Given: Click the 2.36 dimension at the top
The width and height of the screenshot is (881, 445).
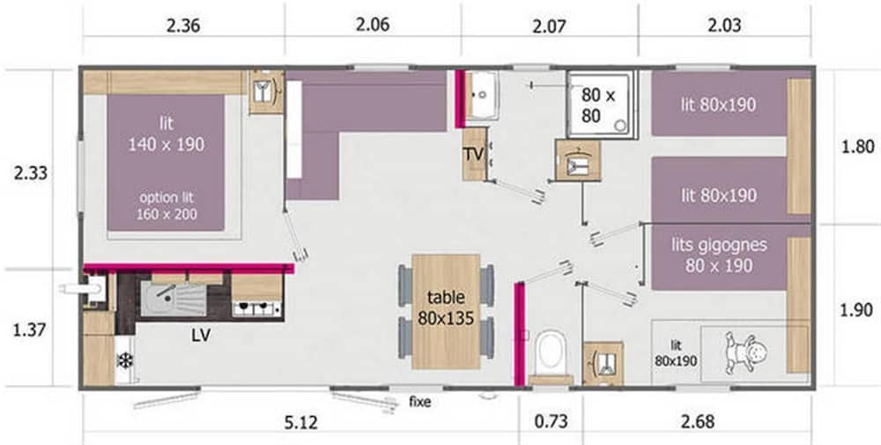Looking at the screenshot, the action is pyautogui.click(x=183, y=26).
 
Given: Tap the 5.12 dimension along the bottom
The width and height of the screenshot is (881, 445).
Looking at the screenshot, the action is pyautogui.click(x=301, y=421).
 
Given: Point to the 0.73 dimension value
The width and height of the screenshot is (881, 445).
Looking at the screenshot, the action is pyautogui.click(x=552, y=421).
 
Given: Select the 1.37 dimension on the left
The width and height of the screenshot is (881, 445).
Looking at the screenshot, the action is pyautogui.click(x=29, y=330).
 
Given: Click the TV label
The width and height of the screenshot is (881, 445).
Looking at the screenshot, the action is pyautogui.click(x=474, y=154).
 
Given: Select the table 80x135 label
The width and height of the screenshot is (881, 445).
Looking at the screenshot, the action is pyautogui.click(x=446, y=308).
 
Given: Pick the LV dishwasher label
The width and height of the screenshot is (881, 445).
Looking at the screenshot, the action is pyautogui.click(x=201, y=336).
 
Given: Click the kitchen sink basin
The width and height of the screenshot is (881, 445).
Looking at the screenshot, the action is pyautogui.click(x=158, y=298).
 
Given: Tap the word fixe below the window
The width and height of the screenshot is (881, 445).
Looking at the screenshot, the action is pyautogui.click(x=419, y=402).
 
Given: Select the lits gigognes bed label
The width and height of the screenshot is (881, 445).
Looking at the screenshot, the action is pyautogui.click(x=719, y=255).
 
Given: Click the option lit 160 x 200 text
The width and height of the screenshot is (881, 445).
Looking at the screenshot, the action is pyautogui.click(x=167, y=205).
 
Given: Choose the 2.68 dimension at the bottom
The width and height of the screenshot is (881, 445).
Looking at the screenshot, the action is pyautogui.click(x=697, y=421).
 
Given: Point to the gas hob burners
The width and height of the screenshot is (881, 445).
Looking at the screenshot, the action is pyautogui.click(x=256, y=308).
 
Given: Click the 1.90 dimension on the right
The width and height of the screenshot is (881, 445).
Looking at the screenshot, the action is pyautogui.click(x=857, y=309).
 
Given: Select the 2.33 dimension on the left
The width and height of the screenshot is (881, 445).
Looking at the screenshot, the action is pyautogui.click(x=30, y=173).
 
